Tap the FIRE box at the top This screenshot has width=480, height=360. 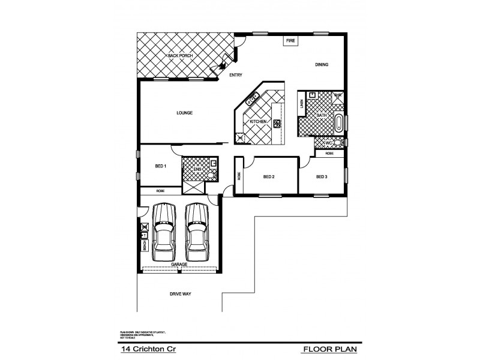click(x=290, y=40)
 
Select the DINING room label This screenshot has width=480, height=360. click(x=322, y=65)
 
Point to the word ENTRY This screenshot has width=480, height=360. click(x=235, y=75)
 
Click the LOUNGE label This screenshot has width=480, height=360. click(x=184, y=112)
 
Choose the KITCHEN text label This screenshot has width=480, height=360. click(x=258, y=122)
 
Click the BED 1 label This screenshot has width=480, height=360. click(x=161, y=166)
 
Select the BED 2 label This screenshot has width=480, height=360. click(x=269, y=177)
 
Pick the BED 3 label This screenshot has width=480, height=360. click(x=322, y=177)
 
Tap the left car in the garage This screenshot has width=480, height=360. click(x=163, y=229)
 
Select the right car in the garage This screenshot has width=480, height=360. click(x=196, y=229)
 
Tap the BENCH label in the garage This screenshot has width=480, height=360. click(x=144, y=246)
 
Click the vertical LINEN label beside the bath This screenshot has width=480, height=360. click(x=301, y=104)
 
